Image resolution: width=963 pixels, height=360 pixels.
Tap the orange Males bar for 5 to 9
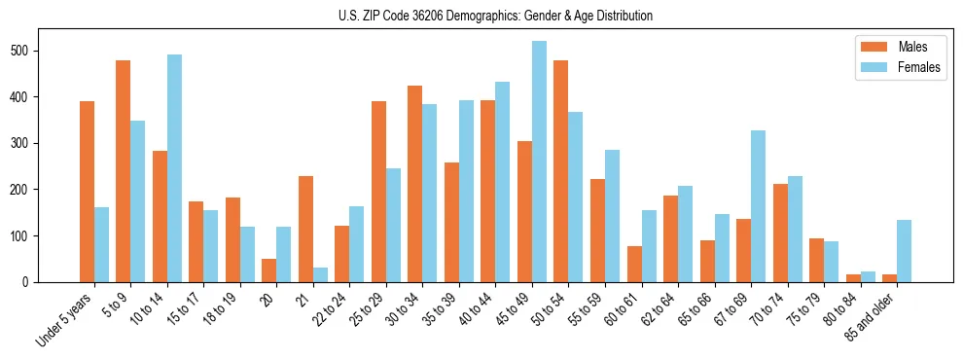tap(124, 171)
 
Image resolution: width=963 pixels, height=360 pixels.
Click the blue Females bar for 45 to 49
tap(539, 162)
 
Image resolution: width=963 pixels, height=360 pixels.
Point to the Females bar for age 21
tap(320, 274)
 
